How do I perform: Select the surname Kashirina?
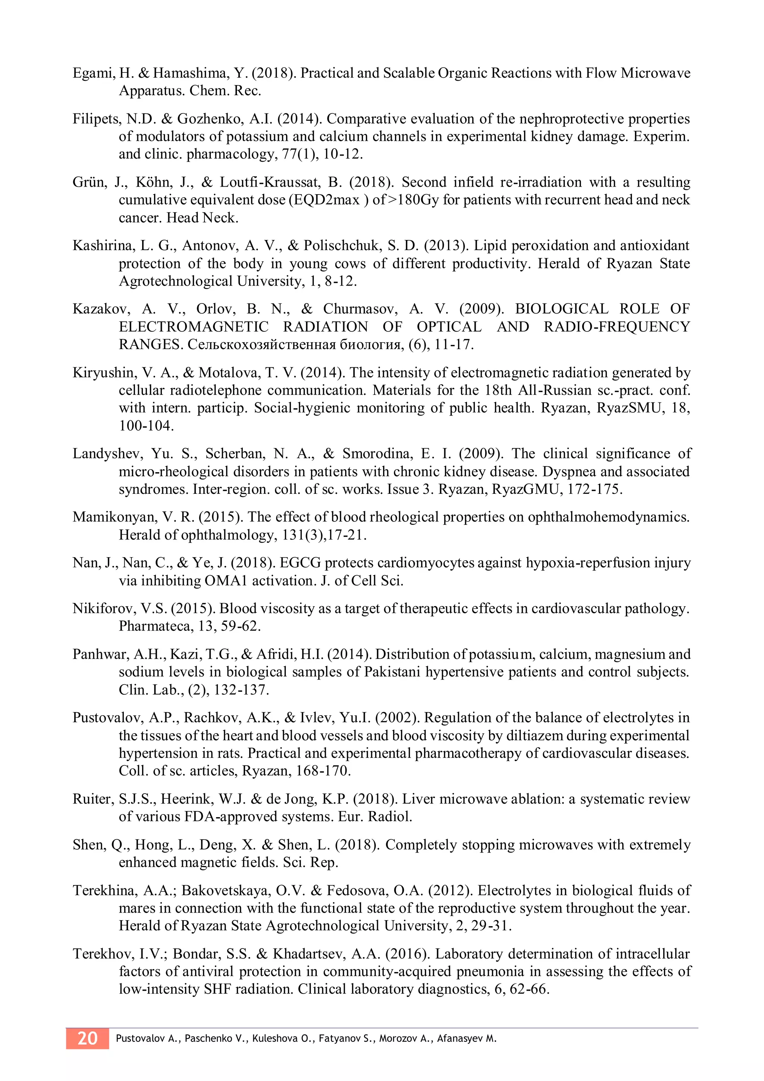pyautogui.click(x=101, y=246)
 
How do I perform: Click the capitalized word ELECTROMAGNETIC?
pyautogui.click(x=193, y=327)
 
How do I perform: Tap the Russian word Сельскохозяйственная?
pyautogui.click(x=262, y=345)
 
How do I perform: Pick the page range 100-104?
pyautogui.click(x=146, y=426)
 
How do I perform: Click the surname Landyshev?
pyautogui.click(x=107, y=454)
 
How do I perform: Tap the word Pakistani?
pyautogui.click(x=392, y=672)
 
